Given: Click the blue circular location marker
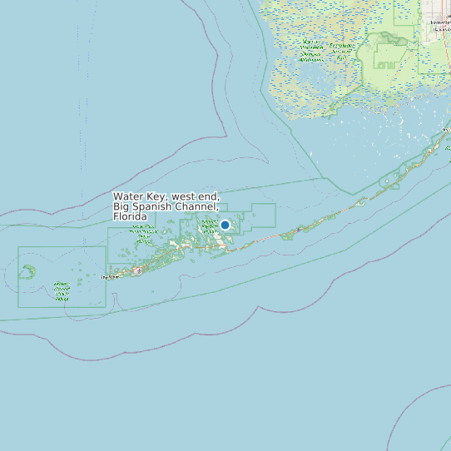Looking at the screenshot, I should pos(225,225).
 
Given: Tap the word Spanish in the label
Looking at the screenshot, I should pos(155,206).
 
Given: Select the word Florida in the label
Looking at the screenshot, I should pos(130,216).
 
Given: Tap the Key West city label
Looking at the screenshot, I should pos(110,277).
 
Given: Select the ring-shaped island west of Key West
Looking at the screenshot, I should pos(28,271).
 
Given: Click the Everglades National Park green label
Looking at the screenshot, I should pos(341,50).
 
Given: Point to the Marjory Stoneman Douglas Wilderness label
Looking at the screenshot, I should pos(311,50).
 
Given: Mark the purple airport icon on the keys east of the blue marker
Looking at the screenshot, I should pos(298,229).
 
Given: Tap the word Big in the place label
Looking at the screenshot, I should pos(122,206).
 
